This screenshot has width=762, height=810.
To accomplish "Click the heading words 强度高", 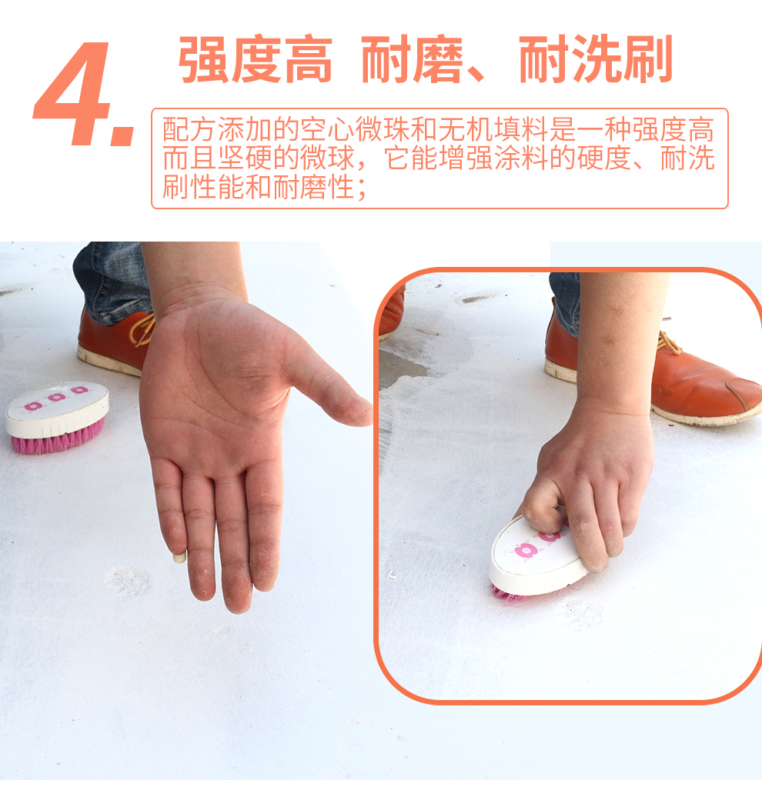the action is tap(255, 58).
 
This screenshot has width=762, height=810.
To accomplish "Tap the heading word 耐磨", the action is tap(412, 58).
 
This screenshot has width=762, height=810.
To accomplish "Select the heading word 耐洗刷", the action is tap(596, 58).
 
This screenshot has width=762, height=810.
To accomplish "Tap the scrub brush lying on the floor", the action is tap(57, 417).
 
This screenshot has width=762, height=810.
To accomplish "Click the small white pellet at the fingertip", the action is tap(179, 557).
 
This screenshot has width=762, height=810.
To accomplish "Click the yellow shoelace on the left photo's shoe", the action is tap(142, 330).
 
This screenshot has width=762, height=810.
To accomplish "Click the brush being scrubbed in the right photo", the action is tap(538, 558).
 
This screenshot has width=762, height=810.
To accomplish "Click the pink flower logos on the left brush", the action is tap(56, 398).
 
